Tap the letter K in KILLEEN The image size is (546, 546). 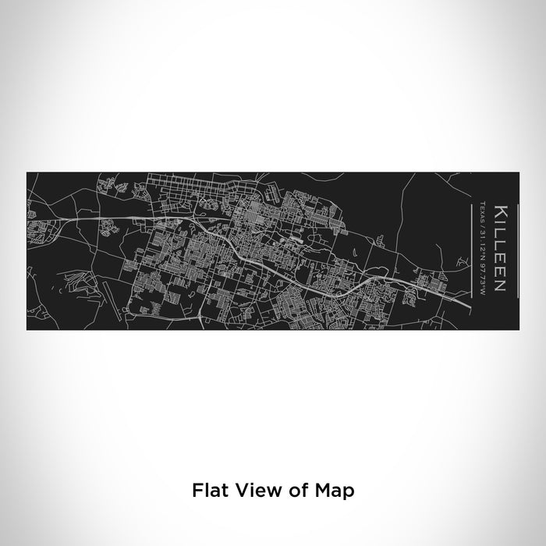pos(501,211)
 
